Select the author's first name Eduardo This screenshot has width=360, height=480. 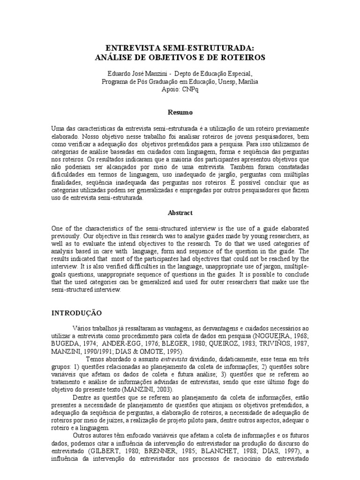[x=120, y=74]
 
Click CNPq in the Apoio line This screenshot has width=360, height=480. [x=191, y=90]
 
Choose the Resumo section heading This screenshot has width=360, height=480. [x=180, y=112]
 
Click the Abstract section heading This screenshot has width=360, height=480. [x=180, y=212]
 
